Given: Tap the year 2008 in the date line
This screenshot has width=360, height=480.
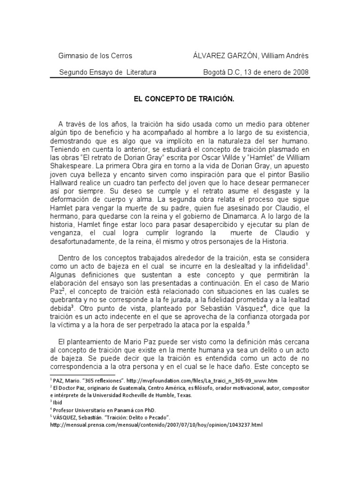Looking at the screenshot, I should pos(300,72).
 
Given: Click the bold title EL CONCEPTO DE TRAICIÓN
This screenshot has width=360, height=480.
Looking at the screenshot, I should pos(184,100).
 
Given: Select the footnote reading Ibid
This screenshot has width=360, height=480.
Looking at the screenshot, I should pos(58,403).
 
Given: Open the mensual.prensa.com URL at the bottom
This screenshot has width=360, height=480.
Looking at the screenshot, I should pos(156,425).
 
